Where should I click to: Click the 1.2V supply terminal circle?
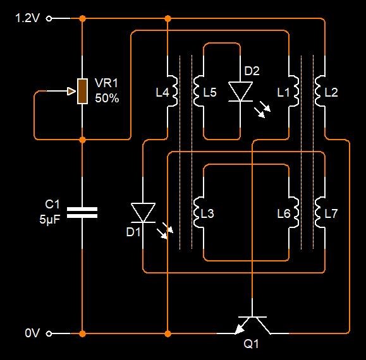49,18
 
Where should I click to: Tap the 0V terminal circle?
49,333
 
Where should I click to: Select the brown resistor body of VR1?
82,91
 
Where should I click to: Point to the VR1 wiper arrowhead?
71,91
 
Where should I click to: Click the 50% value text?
107,98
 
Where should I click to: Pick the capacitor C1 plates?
82,213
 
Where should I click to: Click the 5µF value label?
50,219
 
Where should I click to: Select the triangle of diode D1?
143,212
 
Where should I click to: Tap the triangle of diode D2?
240,92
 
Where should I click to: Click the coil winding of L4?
173,91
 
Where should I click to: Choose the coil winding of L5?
198,91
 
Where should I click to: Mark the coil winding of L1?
294,91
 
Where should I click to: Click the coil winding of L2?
320,91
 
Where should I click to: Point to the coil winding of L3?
198,212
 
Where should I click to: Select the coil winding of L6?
294,212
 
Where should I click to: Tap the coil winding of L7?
320,212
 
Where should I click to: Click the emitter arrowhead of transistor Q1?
239,329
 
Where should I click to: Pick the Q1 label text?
251,344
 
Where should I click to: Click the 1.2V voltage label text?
28,18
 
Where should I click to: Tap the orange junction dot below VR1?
82,140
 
